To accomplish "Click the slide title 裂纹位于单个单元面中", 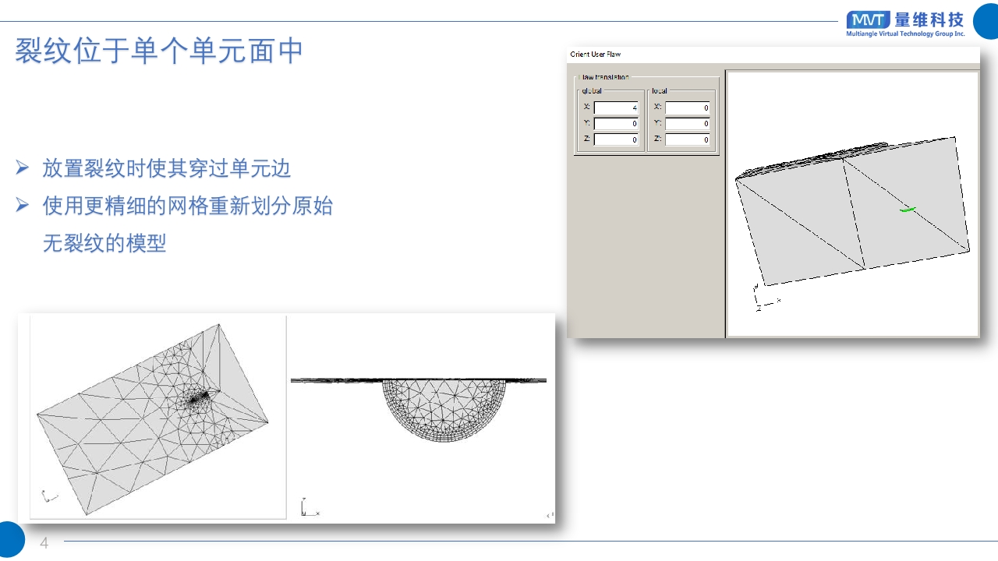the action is tap(159, 51).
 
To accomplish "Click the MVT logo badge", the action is tap(867, 20).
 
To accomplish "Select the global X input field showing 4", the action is tap(616, 108).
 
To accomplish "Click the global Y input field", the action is tap(616, 123).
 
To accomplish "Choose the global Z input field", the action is tap(616, 139).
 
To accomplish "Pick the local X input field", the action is tap(687, 108).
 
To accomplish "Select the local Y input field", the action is tap(687, 123).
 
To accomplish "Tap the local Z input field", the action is tap(687, 139).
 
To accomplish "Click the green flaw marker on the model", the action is tap(906, 209).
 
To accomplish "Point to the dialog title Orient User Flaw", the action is tap(596, 55).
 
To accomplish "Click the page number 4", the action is tap(44, 543).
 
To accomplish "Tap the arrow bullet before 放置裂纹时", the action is tap(23, 168).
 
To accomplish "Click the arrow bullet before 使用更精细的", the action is tap(23, 206).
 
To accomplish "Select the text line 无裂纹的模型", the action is tap(104, 243).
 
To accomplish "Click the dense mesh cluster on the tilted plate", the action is tap(198, 399).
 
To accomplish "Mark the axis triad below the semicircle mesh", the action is tap(307, 508).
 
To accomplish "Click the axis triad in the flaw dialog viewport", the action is tap(763, 299).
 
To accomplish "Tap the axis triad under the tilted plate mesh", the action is tap(48, 496).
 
